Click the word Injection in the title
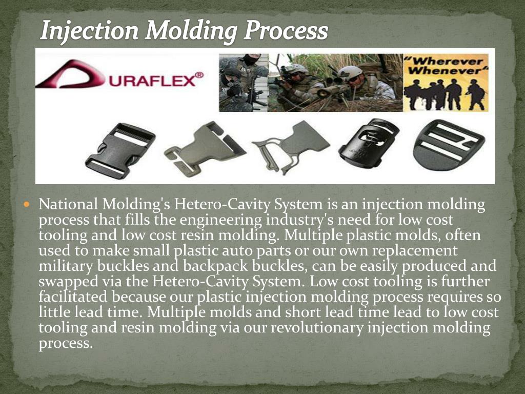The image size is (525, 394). (x=89, y=31)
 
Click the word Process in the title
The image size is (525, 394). (x=286, y=31)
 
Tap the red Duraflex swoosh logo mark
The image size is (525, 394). (x=69, y=74)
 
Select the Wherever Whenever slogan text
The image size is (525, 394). (x=447, y=66)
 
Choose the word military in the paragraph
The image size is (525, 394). (x=64, y=266)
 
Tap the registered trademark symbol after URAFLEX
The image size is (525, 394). (x=199, y=75)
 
